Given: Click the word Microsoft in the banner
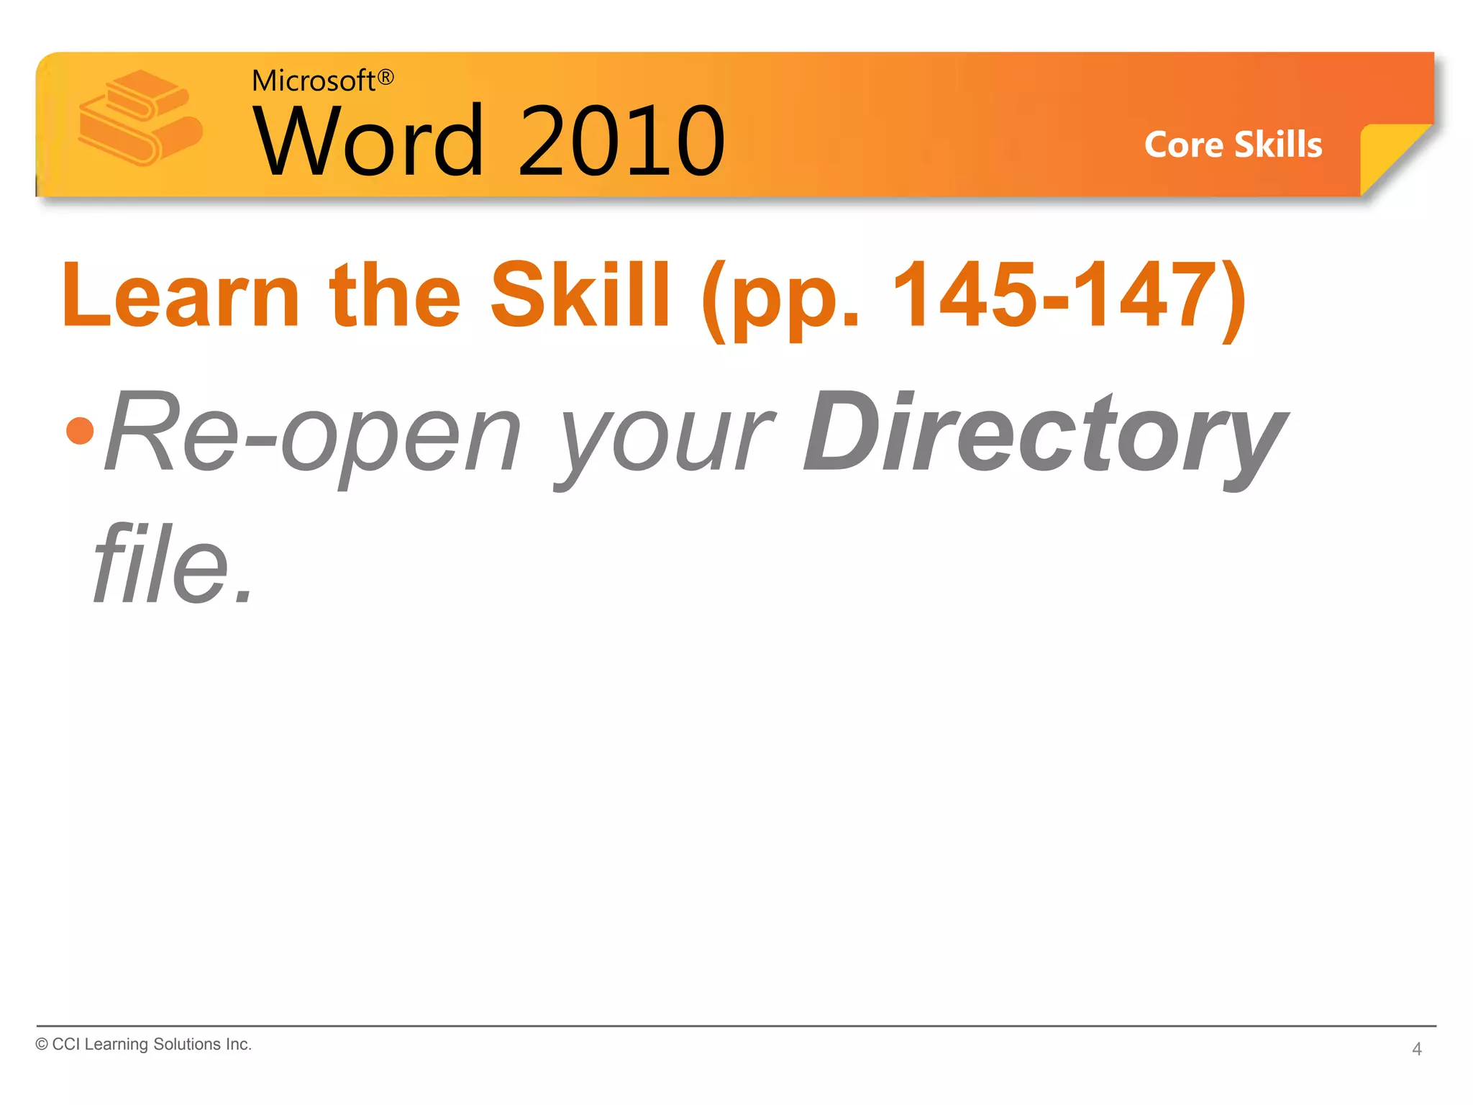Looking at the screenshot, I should click(314, 81).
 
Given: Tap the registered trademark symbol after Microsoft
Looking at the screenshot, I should click(386, 77).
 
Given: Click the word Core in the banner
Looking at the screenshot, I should click(1183, 145).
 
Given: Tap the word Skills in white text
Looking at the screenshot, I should click(1278, 145).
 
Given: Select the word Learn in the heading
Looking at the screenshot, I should click(181, 296).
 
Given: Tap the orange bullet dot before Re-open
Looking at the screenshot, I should click(80, 431).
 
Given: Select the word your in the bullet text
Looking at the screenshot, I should click(665, 439).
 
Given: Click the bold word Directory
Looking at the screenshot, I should click(1043, 435).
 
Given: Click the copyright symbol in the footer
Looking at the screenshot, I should click(42, 1045).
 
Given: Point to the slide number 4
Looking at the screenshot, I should click(1416, 1049).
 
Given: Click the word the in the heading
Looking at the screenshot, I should click(395, 295).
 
